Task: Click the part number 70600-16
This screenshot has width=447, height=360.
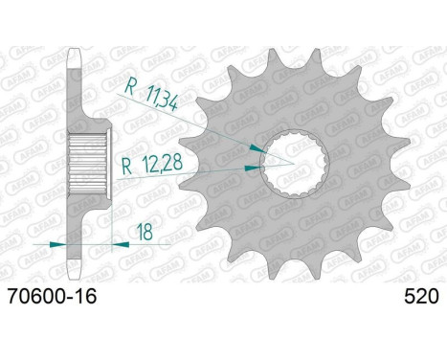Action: coord(52,297)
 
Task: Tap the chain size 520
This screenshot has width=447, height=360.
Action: coord(421,297)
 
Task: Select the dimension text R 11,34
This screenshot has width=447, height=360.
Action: coord(150,94)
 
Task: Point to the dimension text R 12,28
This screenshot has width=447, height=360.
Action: coord(152,165)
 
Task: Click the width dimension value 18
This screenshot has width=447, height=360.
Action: coord(145,232)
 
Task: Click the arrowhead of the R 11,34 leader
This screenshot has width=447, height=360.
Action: coord(257,148)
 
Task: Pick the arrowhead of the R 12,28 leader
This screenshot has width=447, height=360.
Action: coord(254,168)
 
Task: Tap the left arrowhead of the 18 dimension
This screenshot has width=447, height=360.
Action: coord(58,245)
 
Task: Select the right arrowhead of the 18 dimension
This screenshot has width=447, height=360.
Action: coord(121,245)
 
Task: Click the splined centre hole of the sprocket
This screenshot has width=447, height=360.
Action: coord(294,165)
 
